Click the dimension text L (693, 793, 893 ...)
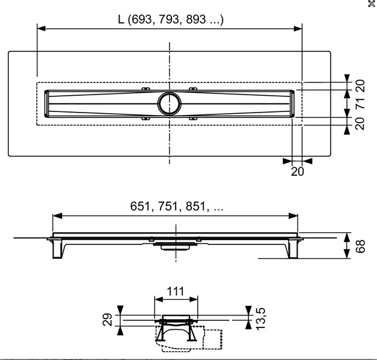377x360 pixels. (171, 19)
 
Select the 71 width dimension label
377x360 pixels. (360, 104)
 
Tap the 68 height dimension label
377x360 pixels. (360, 246)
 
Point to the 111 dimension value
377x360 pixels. (176, 291)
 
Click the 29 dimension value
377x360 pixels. (107, 320)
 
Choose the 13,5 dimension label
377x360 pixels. (260, 318)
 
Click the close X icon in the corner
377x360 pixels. (372, 4)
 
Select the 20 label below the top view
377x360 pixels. (298, 172)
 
